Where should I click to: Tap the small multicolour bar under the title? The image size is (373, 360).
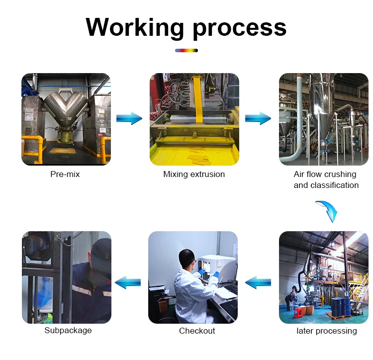click(186, 50)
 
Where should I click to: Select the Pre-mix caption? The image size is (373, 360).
click(65, 175)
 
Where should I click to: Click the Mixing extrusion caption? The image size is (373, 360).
click(194, 175)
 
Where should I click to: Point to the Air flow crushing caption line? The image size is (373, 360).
click(325, 175)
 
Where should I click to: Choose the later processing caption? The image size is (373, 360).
click(326, 331)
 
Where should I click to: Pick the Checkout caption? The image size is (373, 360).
click(197, 331)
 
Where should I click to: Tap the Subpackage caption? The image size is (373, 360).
click(68, 331)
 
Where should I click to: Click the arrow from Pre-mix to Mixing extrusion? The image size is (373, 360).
click(129, 118)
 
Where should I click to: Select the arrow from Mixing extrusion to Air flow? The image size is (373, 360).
click(258, 118)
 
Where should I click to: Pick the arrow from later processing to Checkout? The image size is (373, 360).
click(258, 283)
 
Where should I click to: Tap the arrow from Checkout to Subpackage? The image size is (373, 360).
click(128, 283)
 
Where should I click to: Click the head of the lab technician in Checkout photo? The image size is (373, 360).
click(186, 258)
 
